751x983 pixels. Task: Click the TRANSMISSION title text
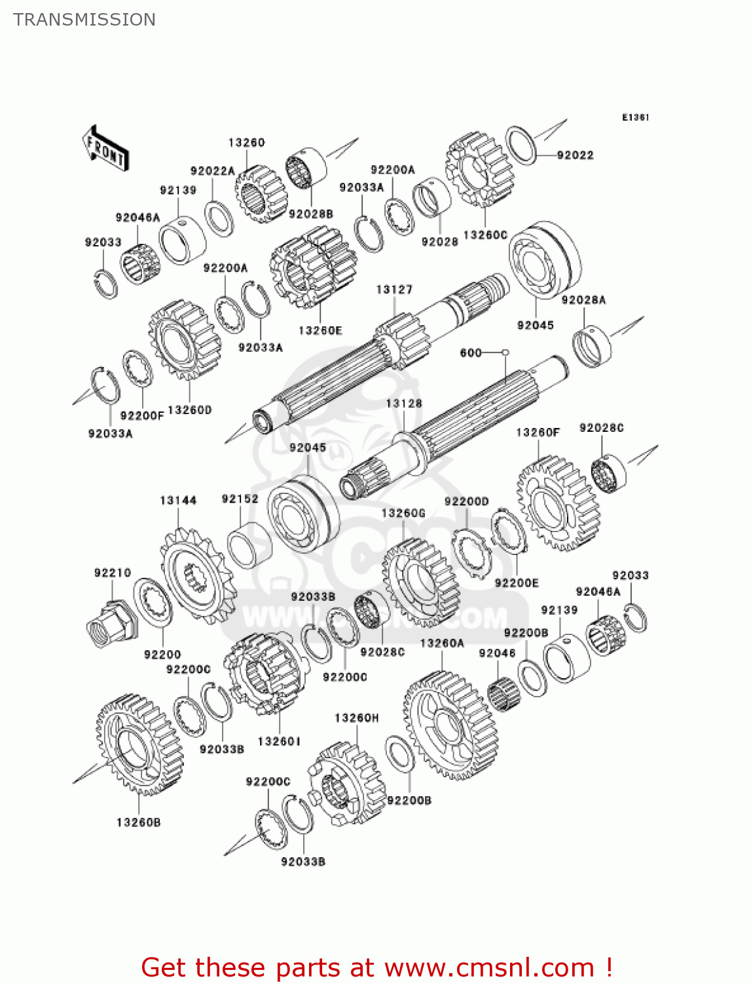coord(84,20)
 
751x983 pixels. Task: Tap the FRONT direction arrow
coord(105,149)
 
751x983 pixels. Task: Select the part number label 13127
coord(394,290)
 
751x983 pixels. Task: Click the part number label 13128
coord(404,404)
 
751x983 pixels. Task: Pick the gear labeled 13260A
coord(450,725)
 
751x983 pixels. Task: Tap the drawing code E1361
coord(635,117)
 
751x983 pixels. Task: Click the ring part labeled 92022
coord(522,145)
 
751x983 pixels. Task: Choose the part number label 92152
coord(240,499)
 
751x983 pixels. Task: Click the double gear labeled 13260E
coord(314,267)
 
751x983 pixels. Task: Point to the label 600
coord(471,353)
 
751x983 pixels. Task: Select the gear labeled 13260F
coord(558,503)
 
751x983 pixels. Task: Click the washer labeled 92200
coord(153,602)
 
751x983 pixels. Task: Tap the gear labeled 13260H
coord(347,782)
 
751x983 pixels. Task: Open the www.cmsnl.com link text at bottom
coord(488,968)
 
